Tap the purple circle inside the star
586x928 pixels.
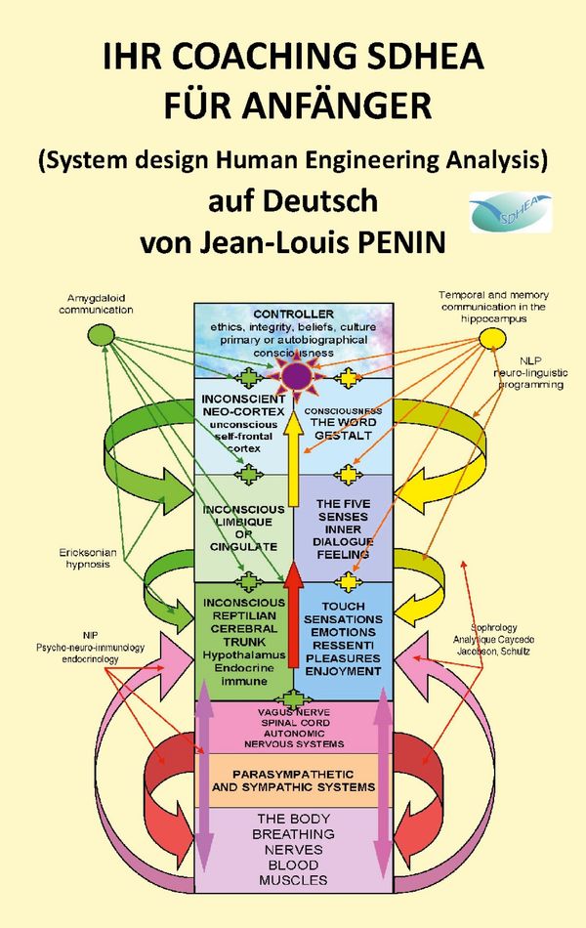pos(296,374)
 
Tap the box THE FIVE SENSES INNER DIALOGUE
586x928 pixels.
pos(343,528)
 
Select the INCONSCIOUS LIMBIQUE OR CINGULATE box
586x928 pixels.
pos(244,527)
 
